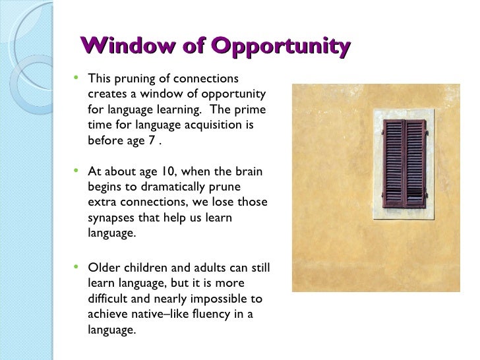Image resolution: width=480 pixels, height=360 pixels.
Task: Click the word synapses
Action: point(110,218)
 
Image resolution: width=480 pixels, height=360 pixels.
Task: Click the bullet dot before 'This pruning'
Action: point(78,77)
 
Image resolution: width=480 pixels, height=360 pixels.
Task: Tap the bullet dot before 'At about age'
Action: point(78,171)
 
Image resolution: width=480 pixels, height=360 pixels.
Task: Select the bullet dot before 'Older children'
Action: point(78,267)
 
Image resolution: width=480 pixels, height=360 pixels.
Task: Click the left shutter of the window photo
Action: point(394,164)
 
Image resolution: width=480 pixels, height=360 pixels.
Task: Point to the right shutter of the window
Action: point(415,164)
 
